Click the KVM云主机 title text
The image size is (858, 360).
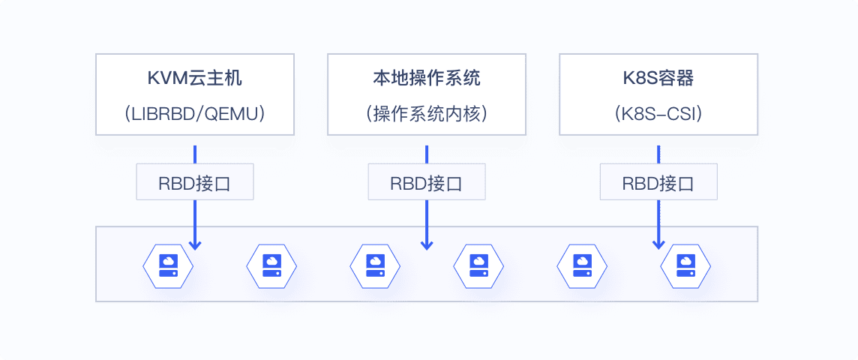click(195, 79)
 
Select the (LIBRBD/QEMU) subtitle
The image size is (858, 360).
click(195, 113)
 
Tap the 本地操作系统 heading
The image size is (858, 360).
click(426, 79)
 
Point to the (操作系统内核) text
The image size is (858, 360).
click(426, 113)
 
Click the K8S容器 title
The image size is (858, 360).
click(658, 79)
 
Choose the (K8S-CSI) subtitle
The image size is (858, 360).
click(658, 113)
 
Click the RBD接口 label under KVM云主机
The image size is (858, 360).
click(195, 183)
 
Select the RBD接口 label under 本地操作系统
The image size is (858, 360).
click(426, 183)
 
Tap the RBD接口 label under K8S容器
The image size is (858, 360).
click(658, 183)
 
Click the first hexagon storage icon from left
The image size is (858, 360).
click(168, 266)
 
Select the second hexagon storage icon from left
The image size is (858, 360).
click(271, 266)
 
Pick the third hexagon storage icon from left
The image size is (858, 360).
click(375, 266)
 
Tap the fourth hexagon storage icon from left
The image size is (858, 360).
click(478, 266)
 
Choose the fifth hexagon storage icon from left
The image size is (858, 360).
click(582, 266)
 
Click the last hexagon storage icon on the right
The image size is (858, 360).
click(685, 266)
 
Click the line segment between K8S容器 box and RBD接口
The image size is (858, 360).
click(658, 154)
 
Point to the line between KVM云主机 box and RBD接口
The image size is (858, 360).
click(195, 154)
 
